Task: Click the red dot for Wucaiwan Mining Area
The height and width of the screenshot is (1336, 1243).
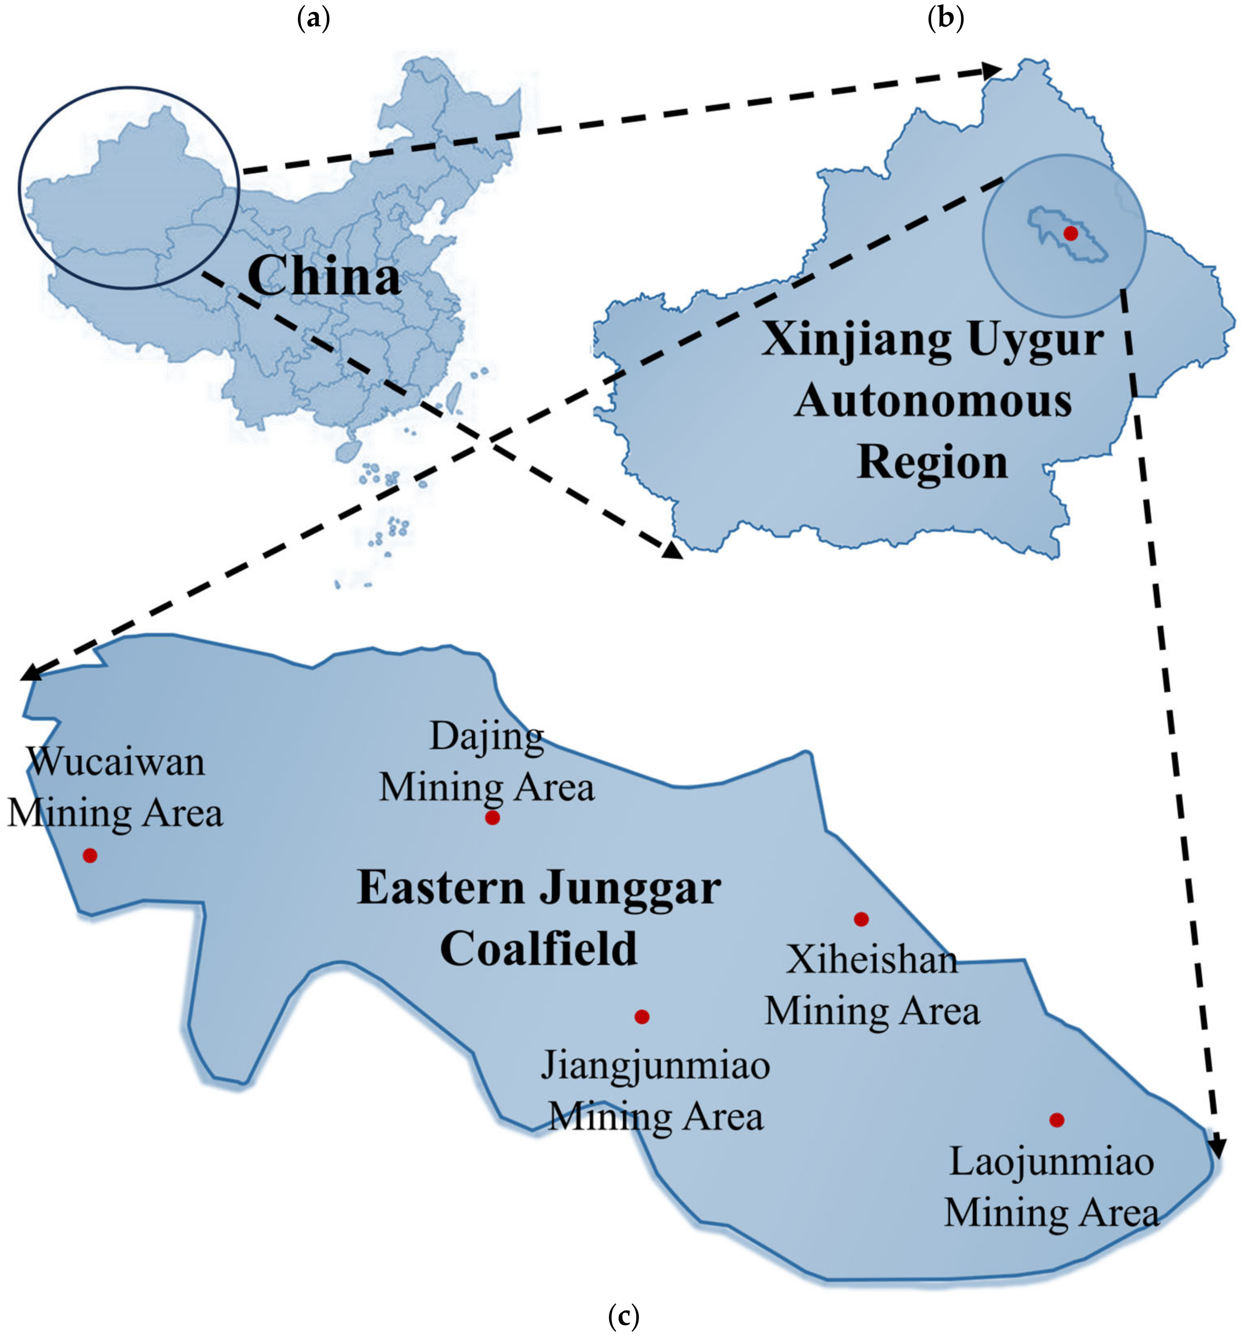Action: pyautogui.click(x=89, y=855)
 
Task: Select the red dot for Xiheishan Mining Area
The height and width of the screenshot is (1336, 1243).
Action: pyautogui.click(x=861, y=918)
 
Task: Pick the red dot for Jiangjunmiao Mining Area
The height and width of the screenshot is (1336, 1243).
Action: pyautogui.click(x=641, y=1016)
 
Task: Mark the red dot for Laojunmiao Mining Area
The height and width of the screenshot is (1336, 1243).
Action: pyautogui.click(x=1056, y=1120)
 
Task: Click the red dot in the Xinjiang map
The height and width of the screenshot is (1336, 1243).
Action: pyautogui.click(x=1071, y=233)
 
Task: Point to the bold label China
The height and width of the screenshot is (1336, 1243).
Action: pyautogui.click(x=324, y=276)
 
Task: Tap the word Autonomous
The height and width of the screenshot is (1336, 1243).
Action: pyautogui.click(x=933, y=401)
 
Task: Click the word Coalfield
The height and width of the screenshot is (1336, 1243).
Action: pyautogui.click(x=538, y=948)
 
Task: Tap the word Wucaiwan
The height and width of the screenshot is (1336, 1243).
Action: pyautogui.click(x=116, y=762)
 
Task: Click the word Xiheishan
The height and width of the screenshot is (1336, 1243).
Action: pyautogui.click(x=871, y=960)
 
